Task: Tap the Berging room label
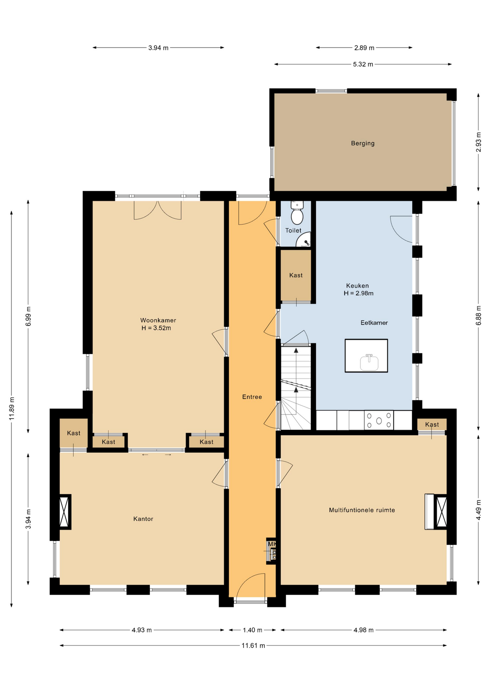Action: (363, 143)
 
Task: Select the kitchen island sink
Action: (369, 362)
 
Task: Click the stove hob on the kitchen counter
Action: (379, 420)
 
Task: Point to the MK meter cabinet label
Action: (272, 544)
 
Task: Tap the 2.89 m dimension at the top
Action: (364, 48)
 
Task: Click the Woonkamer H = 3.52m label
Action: (158, 324)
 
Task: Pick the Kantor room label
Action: (143, 519)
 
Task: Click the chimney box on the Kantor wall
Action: (64, 512)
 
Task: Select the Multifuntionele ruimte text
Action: (362, 510)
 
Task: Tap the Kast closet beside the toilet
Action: (296, 275)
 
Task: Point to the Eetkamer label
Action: (374, 323)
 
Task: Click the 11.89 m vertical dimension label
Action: (12, 408)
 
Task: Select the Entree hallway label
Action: (252, 397)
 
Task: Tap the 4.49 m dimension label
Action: (478, 510)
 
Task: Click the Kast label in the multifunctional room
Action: (432, 424)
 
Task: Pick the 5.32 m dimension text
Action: (363, 64)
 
